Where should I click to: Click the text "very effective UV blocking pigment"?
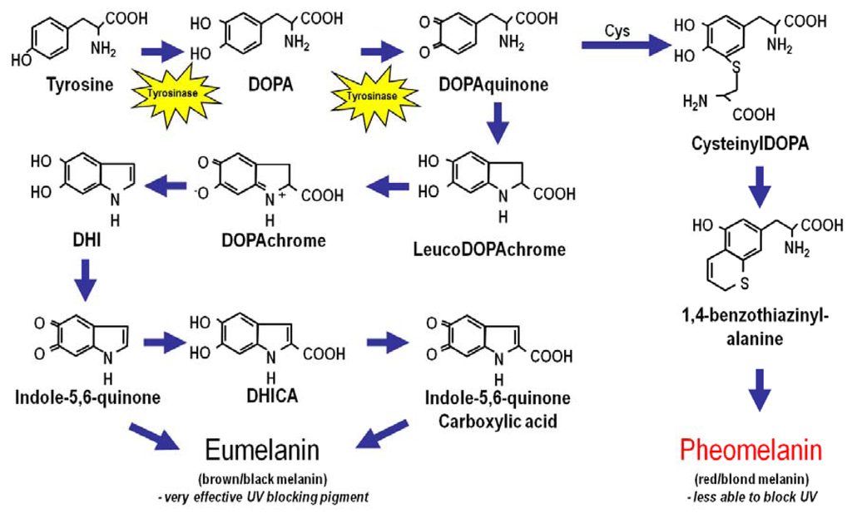coord(275,496)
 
